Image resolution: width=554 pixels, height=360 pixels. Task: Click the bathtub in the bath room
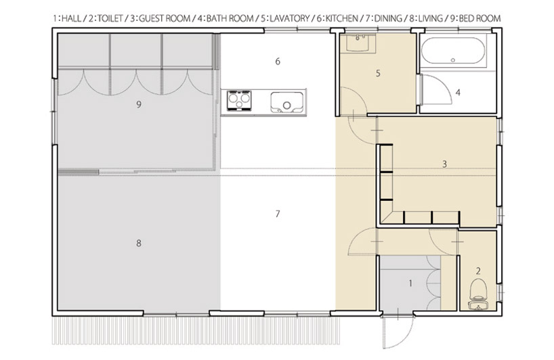tap(454, 51)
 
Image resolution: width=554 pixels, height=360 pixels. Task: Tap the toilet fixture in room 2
tap(479, 289)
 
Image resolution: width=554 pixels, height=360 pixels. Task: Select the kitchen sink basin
tap(286, 103)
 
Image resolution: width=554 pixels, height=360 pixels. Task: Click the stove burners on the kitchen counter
tap(239, 101)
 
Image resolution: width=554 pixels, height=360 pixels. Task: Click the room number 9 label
tap(138, 104)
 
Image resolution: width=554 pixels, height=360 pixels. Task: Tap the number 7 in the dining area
tap(278, 214)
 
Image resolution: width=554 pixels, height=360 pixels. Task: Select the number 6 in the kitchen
tap(278, 62)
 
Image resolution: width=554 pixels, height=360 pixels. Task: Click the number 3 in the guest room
tap(444, 164)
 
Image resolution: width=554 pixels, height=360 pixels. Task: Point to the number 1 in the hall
tap(410, 283)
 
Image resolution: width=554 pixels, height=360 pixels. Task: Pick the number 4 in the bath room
tap(458, 93)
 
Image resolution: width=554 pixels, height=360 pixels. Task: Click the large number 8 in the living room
tap(138, 243)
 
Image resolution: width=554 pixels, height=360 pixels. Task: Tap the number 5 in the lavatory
tap(378, 73)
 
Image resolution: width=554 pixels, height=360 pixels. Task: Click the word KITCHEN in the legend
tap(341, 18)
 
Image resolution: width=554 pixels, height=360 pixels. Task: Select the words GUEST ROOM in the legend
tap(165, 18)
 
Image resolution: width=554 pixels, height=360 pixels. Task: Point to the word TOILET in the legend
tap(110, 18)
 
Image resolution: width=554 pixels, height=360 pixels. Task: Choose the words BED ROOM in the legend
tap(480, 18)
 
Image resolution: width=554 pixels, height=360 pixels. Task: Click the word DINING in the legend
tap(388, 18)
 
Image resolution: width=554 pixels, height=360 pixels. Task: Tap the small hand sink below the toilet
tap(479, 305)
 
